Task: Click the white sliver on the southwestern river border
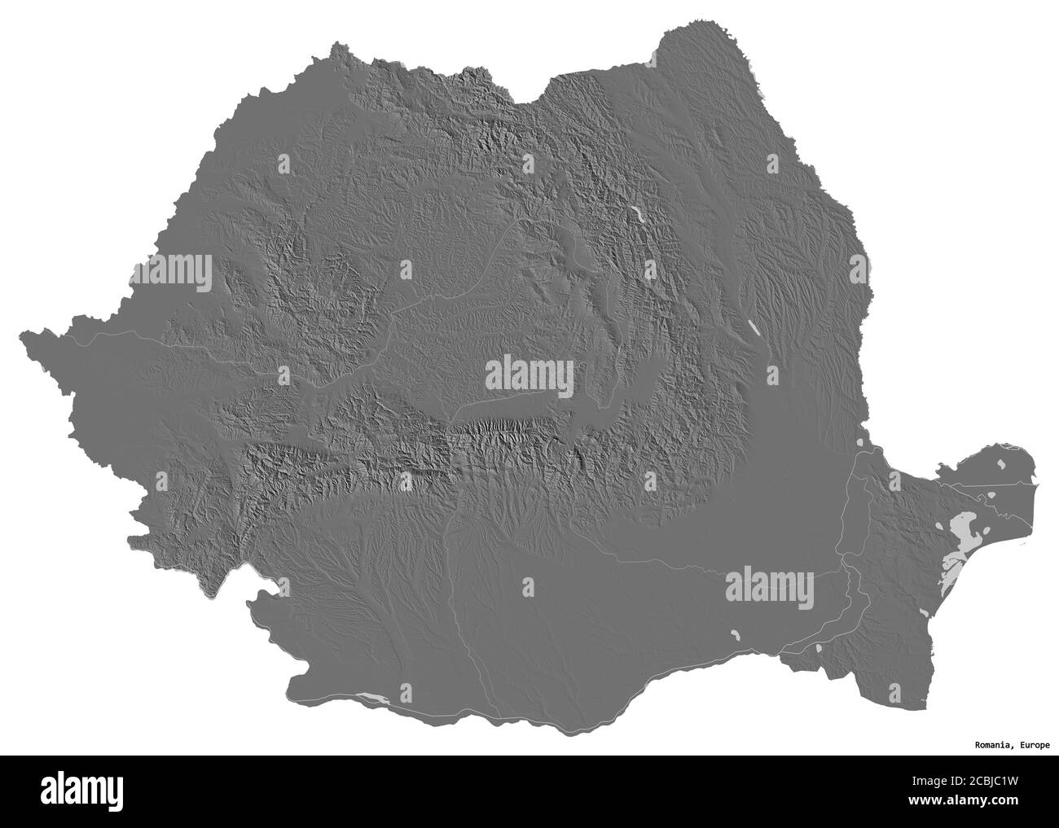click(370, 697)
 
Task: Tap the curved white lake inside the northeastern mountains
click(639, 217)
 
